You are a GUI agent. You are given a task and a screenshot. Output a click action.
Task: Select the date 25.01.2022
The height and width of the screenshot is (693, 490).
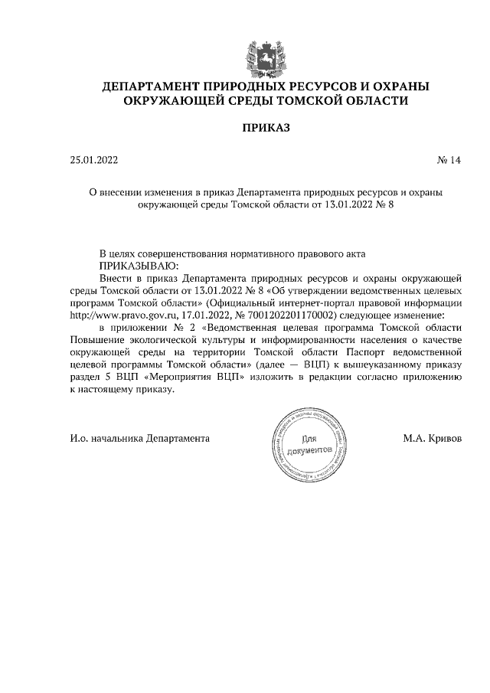pos(93,161)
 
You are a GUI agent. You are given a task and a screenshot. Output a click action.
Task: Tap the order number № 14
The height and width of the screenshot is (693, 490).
pos(449,161)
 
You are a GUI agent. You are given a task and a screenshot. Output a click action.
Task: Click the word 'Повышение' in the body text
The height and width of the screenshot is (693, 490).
pos(97,339)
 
